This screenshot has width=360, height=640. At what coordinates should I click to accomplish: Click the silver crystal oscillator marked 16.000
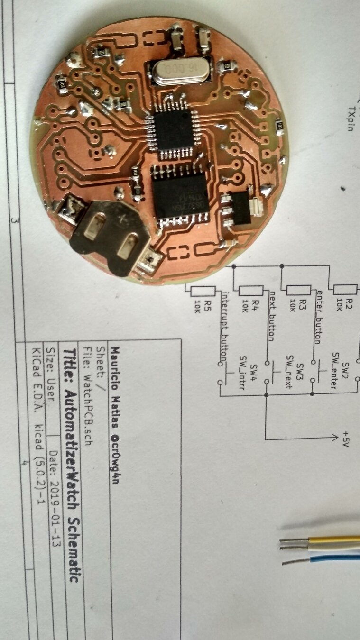(x=180, y=71)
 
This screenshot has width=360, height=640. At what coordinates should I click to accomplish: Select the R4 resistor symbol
(x=251, y=291)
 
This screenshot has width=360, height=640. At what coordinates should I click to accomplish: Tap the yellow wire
(x=332, y=539)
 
